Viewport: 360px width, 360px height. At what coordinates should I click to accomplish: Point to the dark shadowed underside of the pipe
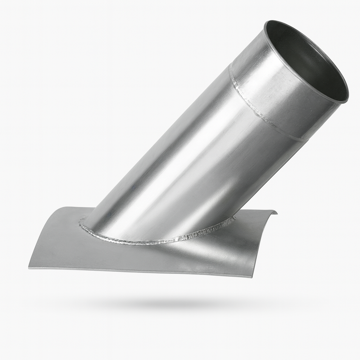[x=246, y=183]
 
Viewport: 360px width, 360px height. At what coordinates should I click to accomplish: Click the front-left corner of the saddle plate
[x=29, y=268]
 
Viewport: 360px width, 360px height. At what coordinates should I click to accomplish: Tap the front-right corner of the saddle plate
[x=252, y=277]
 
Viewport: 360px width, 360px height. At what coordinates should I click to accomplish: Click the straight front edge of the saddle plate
[x=141, y=272]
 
